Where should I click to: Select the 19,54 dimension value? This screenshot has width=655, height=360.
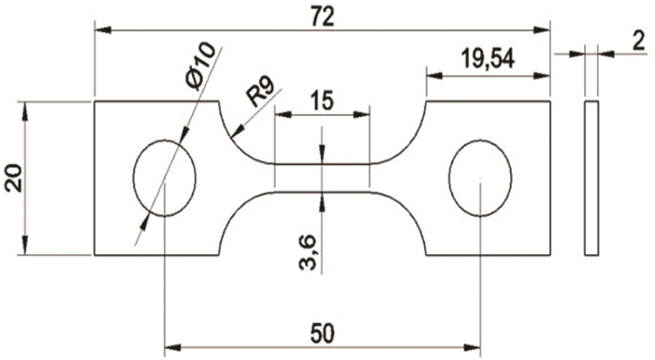click(487, 59)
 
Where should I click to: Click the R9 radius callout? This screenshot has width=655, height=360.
click(263, 94)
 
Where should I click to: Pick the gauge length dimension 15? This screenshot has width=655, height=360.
click(321, 101)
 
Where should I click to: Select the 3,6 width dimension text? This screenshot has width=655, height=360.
click(308, 252)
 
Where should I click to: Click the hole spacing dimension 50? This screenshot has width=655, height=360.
click(322, 332)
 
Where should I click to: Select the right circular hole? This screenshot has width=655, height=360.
click(480, 177)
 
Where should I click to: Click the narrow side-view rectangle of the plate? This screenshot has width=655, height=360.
click(590, 177)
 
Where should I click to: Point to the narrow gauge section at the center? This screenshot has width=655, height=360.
click(322, 177)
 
